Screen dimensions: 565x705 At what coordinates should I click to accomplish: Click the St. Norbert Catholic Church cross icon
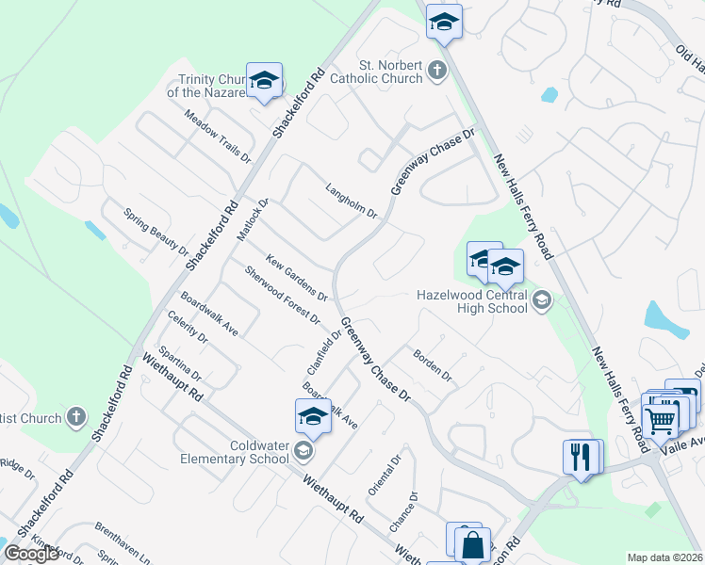(x=435, y=71)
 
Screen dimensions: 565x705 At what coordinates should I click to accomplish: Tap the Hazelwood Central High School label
(x=472, y=300)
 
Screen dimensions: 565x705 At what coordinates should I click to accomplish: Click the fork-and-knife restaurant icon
(x=582, y=458)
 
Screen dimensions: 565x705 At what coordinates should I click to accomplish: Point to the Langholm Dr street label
(x=351, y=201)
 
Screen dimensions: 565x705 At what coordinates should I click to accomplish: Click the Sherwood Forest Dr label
(x=282, y=295)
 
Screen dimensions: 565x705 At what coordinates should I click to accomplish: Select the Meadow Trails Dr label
(x=218, y=137)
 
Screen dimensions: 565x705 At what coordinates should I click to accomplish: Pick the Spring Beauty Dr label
(x=156, y=231)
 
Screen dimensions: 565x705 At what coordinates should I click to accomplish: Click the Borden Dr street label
(x=433, y=364)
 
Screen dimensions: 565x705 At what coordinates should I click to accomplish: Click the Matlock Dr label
(x=253, y=219)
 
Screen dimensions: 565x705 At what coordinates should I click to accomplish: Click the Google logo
(x=31, y=554)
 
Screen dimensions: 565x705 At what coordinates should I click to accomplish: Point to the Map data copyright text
(x=665, y=557)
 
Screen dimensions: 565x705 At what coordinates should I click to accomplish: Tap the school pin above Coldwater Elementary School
(x=313, y=416)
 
